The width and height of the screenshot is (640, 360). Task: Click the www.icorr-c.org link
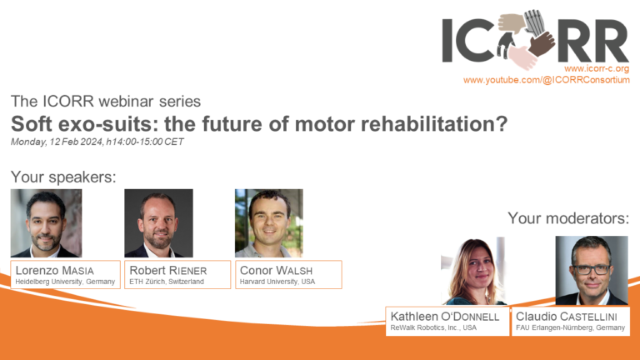(597, 67)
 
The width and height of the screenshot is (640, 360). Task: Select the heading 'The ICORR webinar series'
(106, 102)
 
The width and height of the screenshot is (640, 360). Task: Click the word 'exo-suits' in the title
(117, 124)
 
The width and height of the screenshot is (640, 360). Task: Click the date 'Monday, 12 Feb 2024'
(57, 142)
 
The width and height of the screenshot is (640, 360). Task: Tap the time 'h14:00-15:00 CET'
(145, 142)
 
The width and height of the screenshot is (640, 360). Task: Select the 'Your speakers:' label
(63, 177)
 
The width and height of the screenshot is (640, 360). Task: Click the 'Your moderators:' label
(567, 218)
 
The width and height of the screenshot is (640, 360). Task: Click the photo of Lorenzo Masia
(46, 222)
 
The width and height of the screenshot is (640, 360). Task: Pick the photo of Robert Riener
(158, 222)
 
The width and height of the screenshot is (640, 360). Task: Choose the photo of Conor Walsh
(268, 222)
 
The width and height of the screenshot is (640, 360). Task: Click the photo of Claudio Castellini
(591, 271)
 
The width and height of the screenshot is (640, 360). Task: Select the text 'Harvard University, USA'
(277, 282)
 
